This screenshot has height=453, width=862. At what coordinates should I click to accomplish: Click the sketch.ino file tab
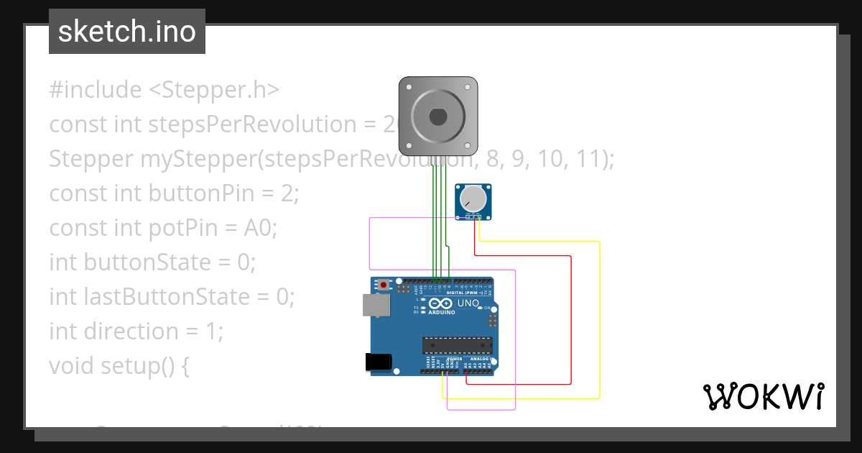127,32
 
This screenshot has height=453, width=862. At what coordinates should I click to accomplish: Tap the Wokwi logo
763,396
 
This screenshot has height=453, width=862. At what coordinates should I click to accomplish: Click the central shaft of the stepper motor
438,116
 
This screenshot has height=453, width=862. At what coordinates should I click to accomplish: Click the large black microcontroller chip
458,346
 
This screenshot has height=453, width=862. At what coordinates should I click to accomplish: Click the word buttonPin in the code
185,193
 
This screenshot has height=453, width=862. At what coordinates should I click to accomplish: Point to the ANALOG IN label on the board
481,359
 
